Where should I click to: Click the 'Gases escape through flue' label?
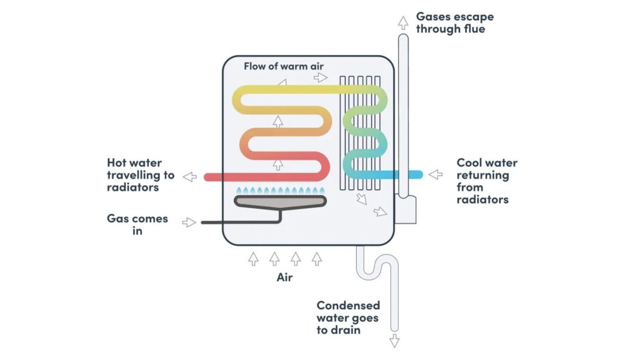pyautogui.click(x=454, y=23)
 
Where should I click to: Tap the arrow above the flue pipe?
pyautogui.click(x=403, y=23)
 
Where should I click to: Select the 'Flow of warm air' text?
pyautogui.click(x=283, y=66)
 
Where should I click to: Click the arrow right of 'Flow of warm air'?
pyautogui.click(x=320, y=77)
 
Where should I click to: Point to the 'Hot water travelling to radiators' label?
pyautogui.click(x=140, y=175)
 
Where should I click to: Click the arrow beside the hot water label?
pyautogui.click(x=190, y=177)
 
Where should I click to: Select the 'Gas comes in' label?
pyautogui.click(x=137, y=224)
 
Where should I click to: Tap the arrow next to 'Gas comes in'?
pyautogui.click(x=189, y=222)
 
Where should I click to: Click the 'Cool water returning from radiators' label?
pyautogui.click(x=487, y=181)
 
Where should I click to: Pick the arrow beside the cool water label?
pyautogui.click(x=436, y=174)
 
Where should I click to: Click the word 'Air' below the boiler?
pyautogui.click(x=285, y=277)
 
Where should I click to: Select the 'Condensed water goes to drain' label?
pyautogui.click(x=348, y=318)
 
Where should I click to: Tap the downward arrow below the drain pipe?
pyautogui.click(x=394, y=341)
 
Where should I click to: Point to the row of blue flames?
pyautogui.click(x=280, y=191)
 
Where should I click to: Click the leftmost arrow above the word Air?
pyautogui.click(x=253, y=259)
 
